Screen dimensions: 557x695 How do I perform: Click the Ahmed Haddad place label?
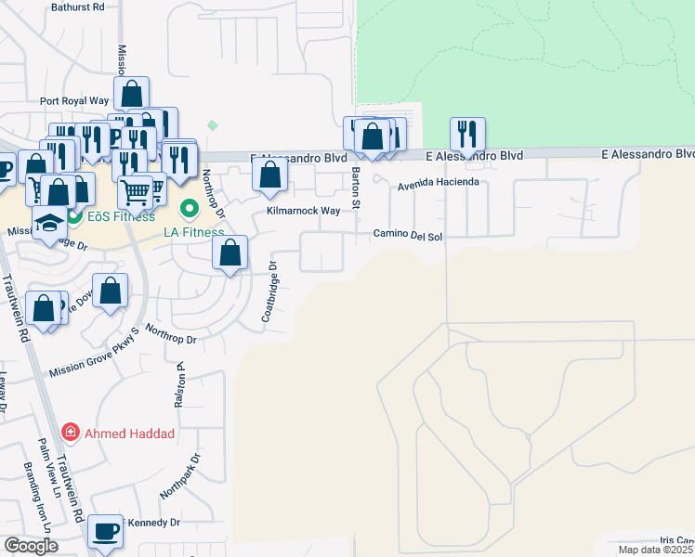[130, 433]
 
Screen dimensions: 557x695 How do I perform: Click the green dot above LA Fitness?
[190, 208]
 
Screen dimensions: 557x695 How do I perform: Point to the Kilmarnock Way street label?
[304, 212]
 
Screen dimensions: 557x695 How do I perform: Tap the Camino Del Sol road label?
[408, 236]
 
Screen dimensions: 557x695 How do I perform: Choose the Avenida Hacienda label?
[438, 183]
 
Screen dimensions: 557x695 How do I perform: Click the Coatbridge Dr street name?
[269, 291]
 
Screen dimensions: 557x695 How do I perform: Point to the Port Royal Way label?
[74, 101]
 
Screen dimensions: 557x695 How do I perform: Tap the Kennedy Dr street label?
[149, 523]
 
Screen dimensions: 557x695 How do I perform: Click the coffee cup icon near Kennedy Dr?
[105, 532]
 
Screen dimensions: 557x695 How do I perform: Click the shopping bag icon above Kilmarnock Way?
[269, 174]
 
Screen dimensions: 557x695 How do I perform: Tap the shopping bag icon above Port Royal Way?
[132, 93]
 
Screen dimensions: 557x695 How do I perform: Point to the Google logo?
[32, 546]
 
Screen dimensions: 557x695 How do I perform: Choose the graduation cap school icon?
[49, 222]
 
